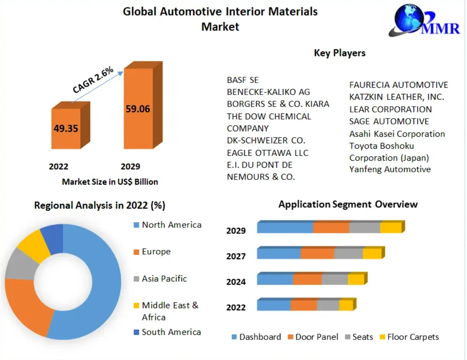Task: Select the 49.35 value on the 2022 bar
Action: [66, 128]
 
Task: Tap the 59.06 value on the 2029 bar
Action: [138, 109]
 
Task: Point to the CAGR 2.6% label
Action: [93, 80]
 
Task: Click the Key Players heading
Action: [339, 53]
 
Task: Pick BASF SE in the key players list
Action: [242, 80]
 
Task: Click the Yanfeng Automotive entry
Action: [390, 169]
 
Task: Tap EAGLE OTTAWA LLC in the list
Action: [268, 153]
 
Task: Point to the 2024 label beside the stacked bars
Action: [236, 282]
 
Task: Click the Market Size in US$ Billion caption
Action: [110, 182]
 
